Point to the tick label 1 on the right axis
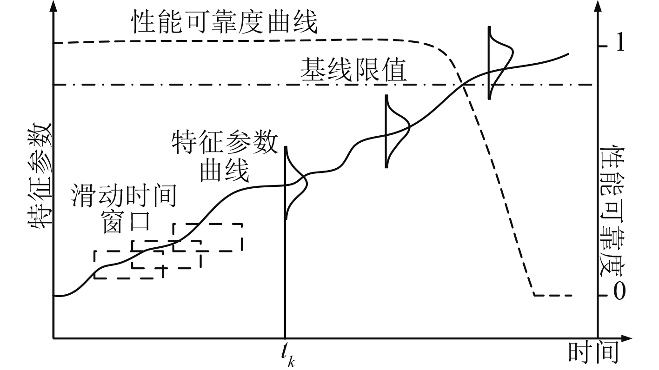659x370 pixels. click(x=618, y=44)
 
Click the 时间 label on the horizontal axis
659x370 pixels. click(x=593, y=353)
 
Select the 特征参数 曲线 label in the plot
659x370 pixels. click(x=225, y=156)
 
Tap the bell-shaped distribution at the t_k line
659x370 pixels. click(x=296, y=181)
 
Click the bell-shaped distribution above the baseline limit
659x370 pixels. click(x=500, y=62)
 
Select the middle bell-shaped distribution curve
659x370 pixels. click(x=397, y=130)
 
